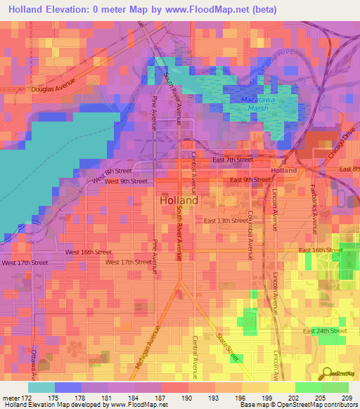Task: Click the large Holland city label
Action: (x=179, y=200)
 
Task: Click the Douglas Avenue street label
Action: (x=53, y=90)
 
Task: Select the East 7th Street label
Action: (x=233, y=160)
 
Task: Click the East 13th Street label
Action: (x=226, y=221)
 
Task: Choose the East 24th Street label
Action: (x=325, y=330)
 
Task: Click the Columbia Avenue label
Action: (x=249, y=235)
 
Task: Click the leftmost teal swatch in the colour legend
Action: (x=41, y=387)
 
